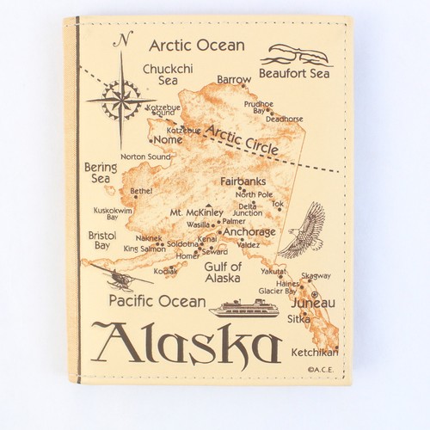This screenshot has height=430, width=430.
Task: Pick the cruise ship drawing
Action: pos(244,307)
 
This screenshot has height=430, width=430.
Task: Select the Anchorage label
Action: pos(249,231)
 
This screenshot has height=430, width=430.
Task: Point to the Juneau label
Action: pos(313,304)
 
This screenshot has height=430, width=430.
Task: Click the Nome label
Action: pos(168,139)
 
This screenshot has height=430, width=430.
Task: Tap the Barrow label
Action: pos(234,79)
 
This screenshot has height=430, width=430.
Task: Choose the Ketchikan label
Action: pos(314,352)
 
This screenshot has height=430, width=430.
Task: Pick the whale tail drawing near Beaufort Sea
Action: pos(298,54)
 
